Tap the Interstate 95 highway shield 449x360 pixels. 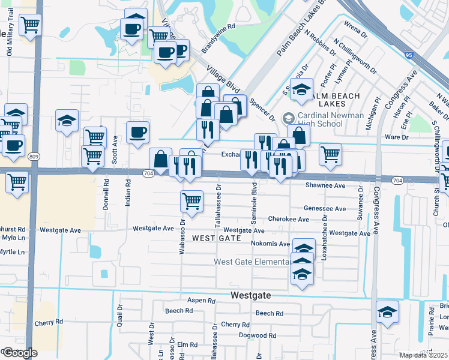[409, 55]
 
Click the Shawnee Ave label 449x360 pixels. [325, 186]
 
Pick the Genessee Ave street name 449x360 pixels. [325, 209]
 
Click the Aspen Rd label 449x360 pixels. [201, 300]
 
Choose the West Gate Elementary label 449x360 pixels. [252, 262]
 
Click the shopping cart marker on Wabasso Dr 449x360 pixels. [191, 202]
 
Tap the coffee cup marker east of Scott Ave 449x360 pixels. [137, 133]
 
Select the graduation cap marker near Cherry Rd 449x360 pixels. [388, 312]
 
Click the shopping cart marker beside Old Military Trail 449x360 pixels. [30, 25]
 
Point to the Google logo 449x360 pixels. [20, 353]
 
